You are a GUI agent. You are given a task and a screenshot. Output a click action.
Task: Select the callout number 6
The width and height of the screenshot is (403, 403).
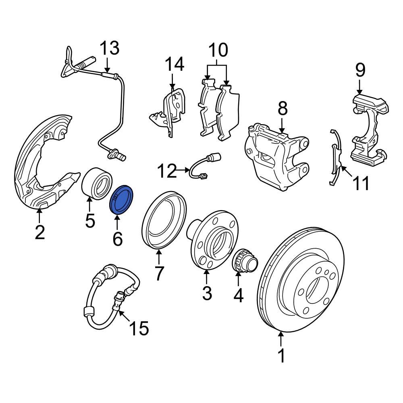pos(117,239)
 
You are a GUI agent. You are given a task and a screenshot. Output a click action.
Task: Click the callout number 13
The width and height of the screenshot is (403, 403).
pos(109,48)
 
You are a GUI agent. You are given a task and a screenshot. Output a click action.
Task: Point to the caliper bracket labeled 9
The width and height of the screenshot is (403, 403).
pos(369,129)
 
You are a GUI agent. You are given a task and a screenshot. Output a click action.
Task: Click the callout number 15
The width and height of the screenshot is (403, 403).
pos(139,328)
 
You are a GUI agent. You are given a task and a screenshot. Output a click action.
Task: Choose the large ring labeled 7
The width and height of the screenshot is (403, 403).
pos(165,220)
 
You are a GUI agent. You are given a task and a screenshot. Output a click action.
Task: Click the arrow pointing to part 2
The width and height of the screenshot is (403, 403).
pos(39,216)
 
